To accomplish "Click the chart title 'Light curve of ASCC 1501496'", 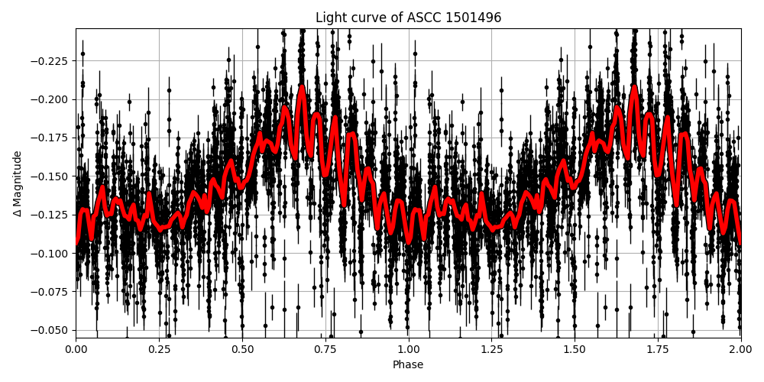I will pyautogui.click(x=408, y=18).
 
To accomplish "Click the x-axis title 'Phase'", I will pyautogui.click(x=408, y=365).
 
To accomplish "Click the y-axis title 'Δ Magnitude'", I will pyautogui.click(x=17, y=183).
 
